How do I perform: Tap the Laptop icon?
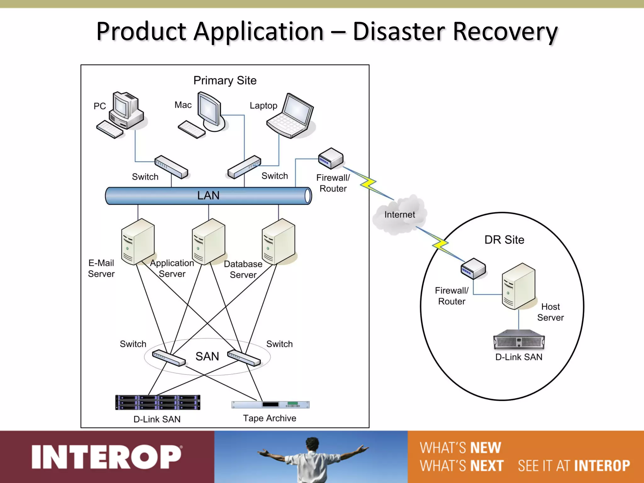click(x=291, y=117)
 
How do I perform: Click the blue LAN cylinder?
click(x=208, y=196)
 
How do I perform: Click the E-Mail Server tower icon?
click(x=138, y=242)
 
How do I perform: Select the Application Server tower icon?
click(x=208, y=242)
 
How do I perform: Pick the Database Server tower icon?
click(x=278, y=242)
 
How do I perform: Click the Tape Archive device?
click(x=270, y=404)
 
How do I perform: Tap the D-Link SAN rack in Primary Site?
click(x=158, y=402)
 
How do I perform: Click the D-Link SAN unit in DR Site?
click(x=519, y=340)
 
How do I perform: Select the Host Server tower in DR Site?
click(x=518, y=286)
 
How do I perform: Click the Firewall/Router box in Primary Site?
click(x=330, y=158)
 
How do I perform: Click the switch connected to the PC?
click(x=171, y=167)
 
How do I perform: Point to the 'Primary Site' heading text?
click(x=225, y=80)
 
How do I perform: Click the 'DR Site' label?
click(x=504, y=240)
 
